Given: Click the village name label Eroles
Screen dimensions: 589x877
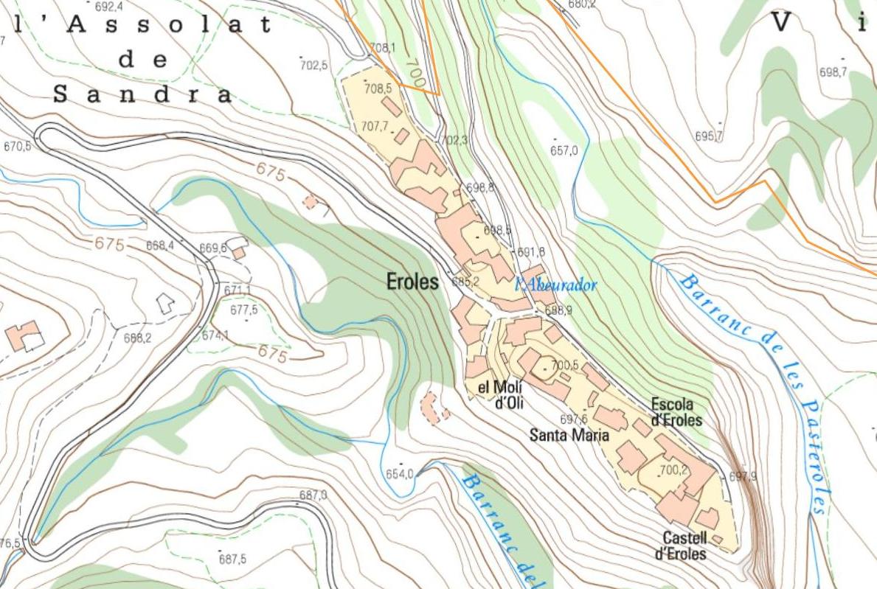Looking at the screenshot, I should (412, 281).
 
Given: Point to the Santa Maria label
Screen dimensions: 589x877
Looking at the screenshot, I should (569, 435).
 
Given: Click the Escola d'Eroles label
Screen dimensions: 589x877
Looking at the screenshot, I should (676, 412).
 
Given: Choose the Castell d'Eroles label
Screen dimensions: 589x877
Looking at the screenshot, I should (679, 546).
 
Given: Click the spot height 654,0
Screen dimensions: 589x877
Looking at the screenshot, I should (400, 474).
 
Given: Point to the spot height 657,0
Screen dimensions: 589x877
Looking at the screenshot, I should (564, 150).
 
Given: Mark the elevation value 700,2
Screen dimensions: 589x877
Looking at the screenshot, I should (673, 470).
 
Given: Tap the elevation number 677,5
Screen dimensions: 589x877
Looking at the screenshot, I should (243, 310).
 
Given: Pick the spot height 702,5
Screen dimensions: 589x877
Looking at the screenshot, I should (313, 65).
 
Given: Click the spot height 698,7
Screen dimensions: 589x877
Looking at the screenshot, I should (833, 72).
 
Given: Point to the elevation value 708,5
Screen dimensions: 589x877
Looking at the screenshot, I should (378, 88).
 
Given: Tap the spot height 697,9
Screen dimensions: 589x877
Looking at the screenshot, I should (743, 476).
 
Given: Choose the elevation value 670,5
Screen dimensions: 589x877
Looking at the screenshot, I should (18, 147).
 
